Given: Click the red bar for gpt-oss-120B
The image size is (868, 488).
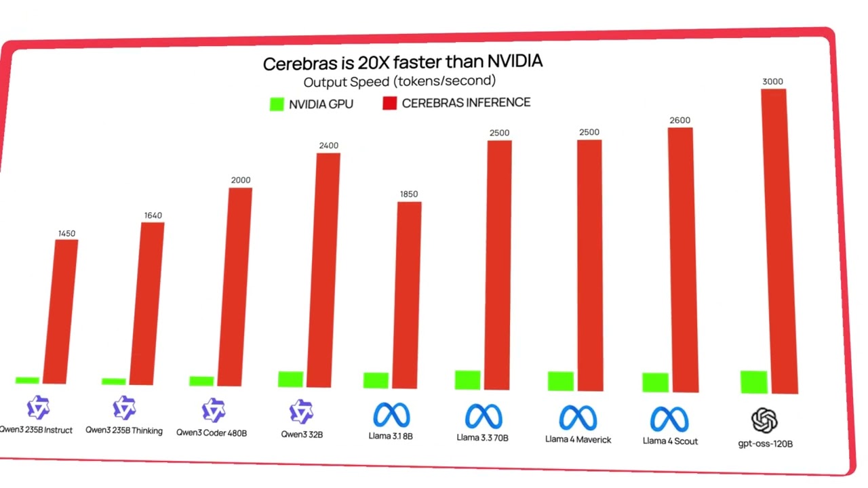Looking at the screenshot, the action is tap(779, 241).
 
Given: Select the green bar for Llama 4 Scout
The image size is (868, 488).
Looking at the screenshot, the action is tap(655, 383).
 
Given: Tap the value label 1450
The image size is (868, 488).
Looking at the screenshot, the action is tap(66, 234).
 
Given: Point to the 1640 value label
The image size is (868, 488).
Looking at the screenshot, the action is tap(153, 216).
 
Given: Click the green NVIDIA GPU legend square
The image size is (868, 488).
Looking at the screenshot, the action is tap(277, 104).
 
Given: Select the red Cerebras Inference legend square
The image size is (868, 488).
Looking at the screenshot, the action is tap(389, 103).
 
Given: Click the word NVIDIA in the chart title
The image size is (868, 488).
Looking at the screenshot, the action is tap(515, 61).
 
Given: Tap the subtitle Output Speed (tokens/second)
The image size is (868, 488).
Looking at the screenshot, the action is tap(399, 81).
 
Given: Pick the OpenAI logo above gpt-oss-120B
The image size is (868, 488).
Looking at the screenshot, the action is tap(764, 420).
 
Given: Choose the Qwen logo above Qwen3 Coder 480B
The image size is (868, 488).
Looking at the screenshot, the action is tap(213, 410).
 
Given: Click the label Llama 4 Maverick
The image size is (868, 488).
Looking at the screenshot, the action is tap(578, 440).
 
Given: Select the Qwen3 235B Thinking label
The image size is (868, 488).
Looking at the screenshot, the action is tap(124, 430).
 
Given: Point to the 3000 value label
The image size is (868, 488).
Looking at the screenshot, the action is tap(772, 82).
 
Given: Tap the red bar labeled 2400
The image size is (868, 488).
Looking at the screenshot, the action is tap(323, 270).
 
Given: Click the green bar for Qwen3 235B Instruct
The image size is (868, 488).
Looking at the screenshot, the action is tap(27, 380).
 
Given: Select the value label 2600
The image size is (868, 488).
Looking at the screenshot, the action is tap(680, 121).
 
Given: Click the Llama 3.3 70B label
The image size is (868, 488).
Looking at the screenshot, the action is tap(482, 438).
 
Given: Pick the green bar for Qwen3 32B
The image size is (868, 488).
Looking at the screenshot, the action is tap(291, 379).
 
